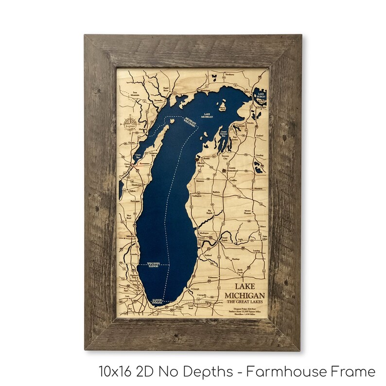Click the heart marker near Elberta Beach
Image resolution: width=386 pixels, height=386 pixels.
pyautogui.click(x=196, y=159)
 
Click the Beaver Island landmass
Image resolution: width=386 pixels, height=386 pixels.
pyautogui.click(x=223, y=105)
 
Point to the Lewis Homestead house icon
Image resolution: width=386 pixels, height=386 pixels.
pyautogui.click(x=224, y=171)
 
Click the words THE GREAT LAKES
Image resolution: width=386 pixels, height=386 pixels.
pyautogui.click(x=245, y=303)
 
